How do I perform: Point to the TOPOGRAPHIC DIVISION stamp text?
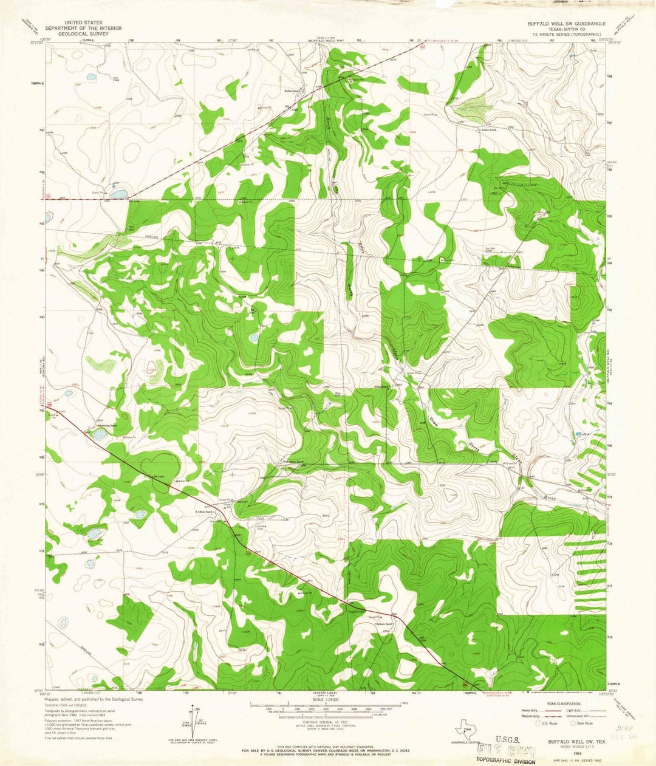[506, 761]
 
